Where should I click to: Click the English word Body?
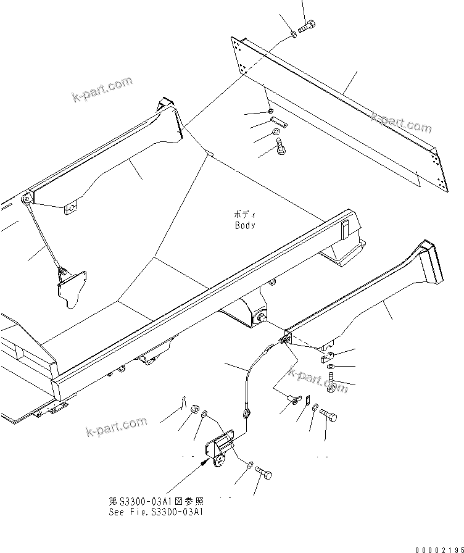click(x=244, y=225)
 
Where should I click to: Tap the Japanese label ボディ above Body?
click(x=244, y=214)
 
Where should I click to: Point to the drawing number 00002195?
click(x=436, y=546)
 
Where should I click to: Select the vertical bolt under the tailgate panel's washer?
click(x=282, y=147)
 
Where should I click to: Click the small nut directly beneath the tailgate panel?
click(x=271, y=111)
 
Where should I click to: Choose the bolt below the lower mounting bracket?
click(x=263, y=475)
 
